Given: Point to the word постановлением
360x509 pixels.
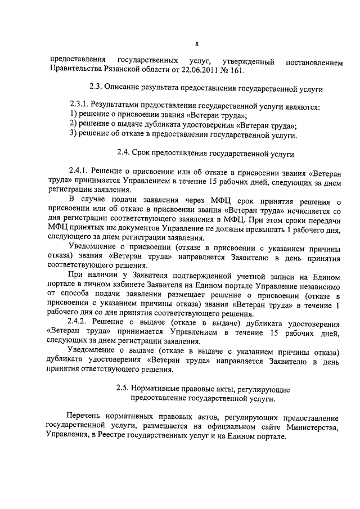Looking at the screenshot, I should click(x=314, y=61).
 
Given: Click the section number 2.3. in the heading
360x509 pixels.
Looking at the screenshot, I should click(x=98, y=88).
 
